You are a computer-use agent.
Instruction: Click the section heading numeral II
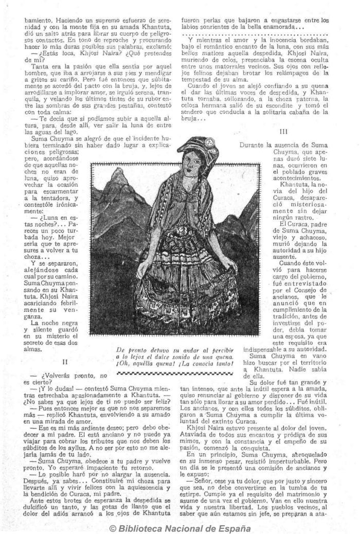click(64, 362)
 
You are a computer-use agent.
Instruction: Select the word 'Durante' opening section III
click(254, 145)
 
